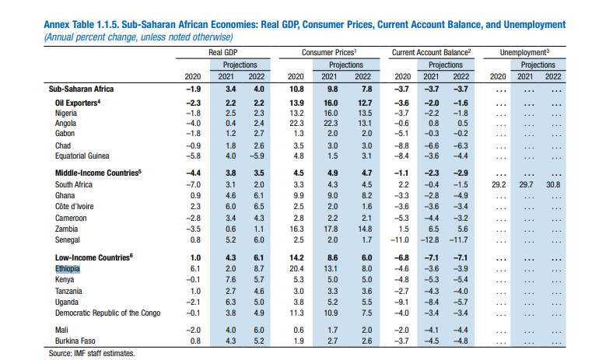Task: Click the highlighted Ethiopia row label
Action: tap(68, 267)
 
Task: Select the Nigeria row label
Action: tap(68, 112)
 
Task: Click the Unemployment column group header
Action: tap(527, 51)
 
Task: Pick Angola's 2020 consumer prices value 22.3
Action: tap(296, 123)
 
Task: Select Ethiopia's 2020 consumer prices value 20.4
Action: tap(296, 267)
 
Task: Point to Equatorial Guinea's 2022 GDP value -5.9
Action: tap(254, 156)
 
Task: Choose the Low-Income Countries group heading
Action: tap(95, 257)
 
